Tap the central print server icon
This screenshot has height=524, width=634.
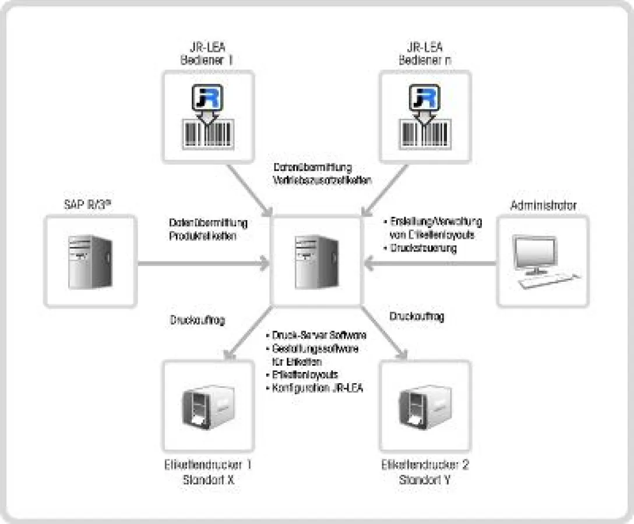tap(315, 261)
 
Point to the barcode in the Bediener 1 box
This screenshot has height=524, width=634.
tap(208, 133)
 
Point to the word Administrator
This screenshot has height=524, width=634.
tap(543, 206)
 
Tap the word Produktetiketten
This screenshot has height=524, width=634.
tap(203, 236)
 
